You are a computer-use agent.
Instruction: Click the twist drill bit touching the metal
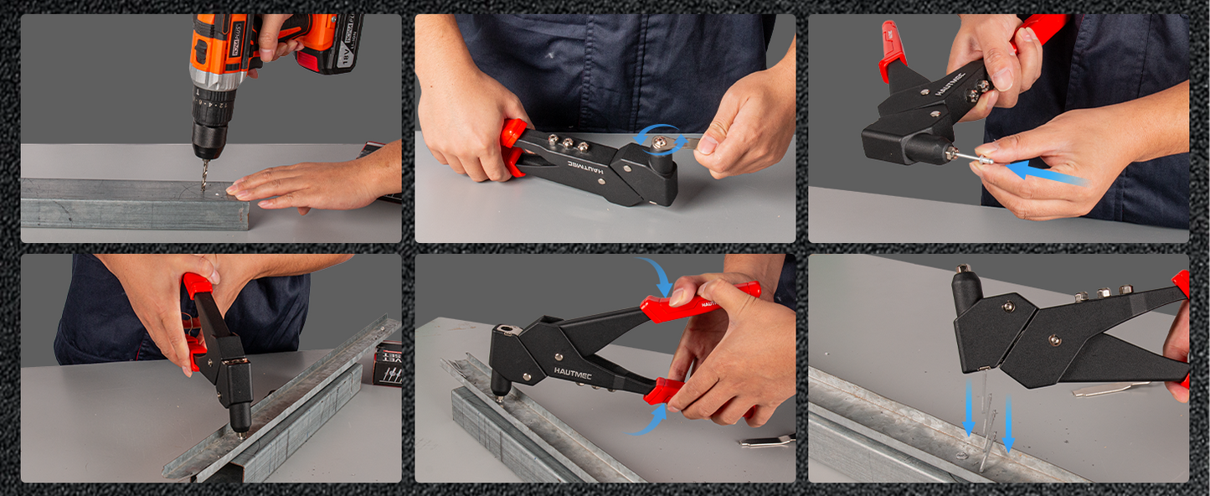click(203, 177)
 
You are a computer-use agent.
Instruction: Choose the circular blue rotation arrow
click(656, 142)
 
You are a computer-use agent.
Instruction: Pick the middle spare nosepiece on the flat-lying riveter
click(554, 142)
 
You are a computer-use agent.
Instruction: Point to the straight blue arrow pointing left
click(1043, 174)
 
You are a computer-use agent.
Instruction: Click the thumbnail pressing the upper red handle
click(680, 296)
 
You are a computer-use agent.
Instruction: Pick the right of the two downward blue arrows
click(1008, 424)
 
